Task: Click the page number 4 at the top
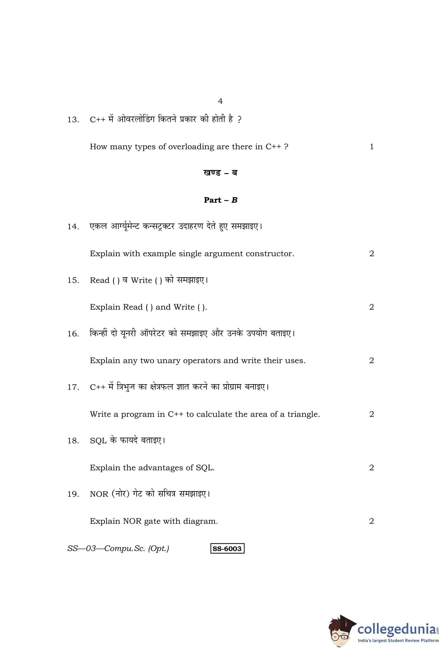click(x=220, y=101)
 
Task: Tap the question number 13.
click(x=73, y=120)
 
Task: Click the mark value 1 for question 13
click(x=371, y=147)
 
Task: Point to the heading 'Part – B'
click(x=220, y=200)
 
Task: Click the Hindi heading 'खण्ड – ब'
click(x=220, y=173)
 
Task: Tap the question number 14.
click(x=73, y=226)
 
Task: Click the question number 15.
click(x=73, y=280)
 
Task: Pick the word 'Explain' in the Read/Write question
click(x=105, y=307)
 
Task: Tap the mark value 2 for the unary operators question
click(x=371, y=361)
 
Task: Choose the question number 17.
click(x=73, y=387)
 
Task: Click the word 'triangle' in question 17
click(x=303, y=414)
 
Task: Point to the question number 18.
click(x=73, y=441)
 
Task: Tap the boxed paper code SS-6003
click(x=227, y=549)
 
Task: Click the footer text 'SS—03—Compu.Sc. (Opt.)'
click(x=118, y=549)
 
